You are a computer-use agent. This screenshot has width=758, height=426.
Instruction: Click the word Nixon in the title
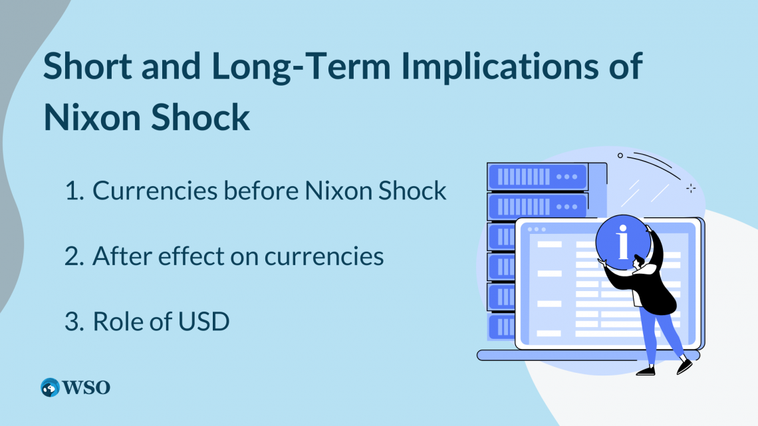click(93, 117)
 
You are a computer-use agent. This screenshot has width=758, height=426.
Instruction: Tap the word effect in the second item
click(188, 256)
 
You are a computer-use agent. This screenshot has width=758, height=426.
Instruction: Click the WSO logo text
click(86, 387)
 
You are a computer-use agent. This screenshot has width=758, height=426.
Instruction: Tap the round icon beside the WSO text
click(50, 387)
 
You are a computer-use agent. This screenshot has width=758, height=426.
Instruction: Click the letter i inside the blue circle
click(623, 243)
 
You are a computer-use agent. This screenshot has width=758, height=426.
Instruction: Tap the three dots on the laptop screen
click(535, 229)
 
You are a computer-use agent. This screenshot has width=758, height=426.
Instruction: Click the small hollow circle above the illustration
click(620, 156)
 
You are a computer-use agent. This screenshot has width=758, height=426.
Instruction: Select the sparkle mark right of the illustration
click(691, 188)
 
